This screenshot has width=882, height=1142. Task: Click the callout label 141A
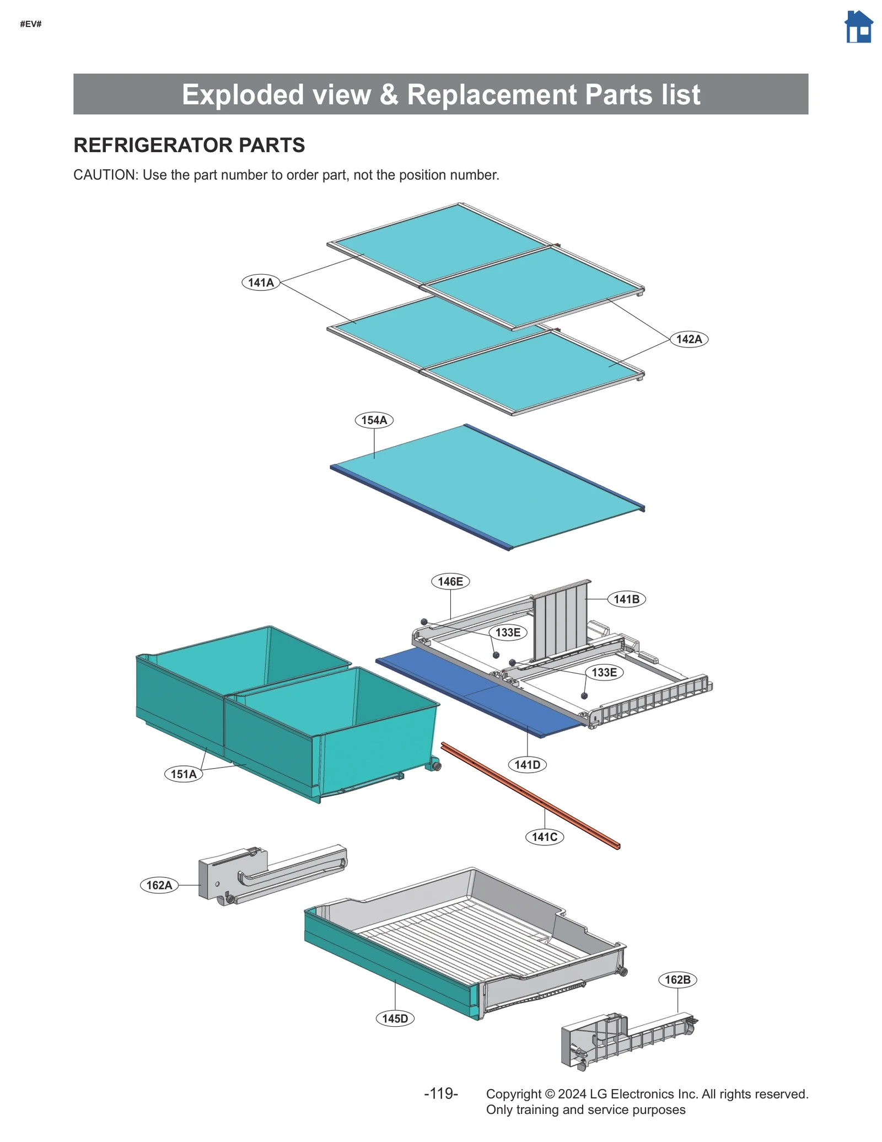pos(261,282)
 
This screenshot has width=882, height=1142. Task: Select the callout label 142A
pos(689,339)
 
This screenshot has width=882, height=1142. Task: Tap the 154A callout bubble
pos(374,420)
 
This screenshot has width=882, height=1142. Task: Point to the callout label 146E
pos(450,581)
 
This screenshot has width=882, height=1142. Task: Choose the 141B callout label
pos(626,599)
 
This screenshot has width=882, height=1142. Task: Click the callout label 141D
pos(527,764)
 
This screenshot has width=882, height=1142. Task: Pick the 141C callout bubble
pos(544,837)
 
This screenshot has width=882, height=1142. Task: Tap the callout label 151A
pos(184,774)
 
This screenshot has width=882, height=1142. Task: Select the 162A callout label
pos(159,885)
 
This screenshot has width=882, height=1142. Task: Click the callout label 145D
pos(395,1018)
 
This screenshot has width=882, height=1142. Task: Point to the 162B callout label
pos(677,979)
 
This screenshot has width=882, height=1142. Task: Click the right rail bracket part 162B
pos(623,1039)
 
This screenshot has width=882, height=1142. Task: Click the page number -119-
pos(440,1093)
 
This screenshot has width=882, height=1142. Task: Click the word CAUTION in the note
pos(105,175)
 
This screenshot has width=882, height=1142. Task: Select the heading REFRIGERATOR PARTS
pos(189,145)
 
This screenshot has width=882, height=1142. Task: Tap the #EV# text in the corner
pos(31,24)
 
